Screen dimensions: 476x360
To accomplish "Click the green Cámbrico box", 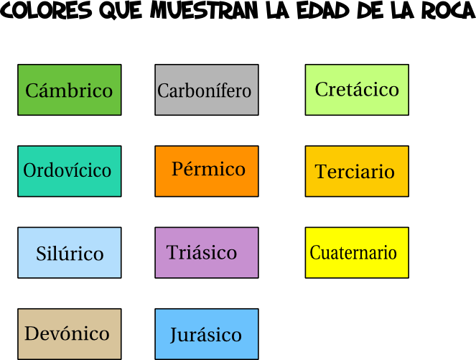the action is [70, 90].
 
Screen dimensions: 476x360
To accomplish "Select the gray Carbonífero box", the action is [207, 90].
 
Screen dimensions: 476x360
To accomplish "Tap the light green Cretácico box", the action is [357, 90].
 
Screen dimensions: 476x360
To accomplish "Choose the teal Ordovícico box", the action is [70, 171].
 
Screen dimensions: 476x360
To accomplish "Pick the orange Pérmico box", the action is [207, 171].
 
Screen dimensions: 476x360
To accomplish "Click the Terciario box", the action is [357, 171].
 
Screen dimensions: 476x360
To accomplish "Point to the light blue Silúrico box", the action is [70, 252].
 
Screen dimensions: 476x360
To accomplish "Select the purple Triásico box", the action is [207, 252].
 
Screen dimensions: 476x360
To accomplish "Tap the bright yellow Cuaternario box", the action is [357, 252].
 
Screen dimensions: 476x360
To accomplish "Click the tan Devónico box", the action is [70, 333].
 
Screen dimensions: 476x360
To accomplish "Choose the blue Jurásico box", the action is [207, 333].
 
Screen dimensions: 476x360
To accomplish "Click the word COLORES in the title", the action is [47, 11].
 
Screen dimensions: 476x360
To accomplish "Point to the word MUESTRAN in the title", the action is [205, 11].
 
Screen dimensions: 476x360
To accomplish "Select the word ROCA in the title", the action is [445, 11].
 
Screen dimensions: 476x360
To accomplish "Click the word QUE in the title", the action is [121, 11].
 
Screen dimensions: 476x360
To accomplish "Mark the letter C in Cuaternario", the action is [314, 253].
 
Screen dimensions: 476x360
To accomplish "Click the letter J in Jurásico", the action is [174, 336].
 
